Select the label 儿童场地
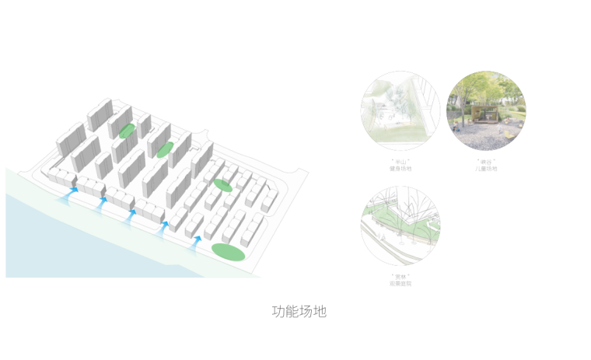(x=486, y=168)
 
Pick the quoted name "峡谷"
(x=486, y=161)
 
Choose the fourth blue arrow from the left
(x=163, y=229)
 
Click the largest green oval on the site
(x=229, y=252)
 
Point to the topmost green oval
(x=127, y=131)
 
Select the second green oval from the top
(x=164, y=149)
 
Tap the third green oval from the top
(x=223, y=185)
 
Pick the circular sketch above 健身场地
(x=400, y=111)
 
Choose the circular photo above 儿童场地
(x=486, y=111)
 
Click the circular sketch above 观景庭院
(x=400, y=225)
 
